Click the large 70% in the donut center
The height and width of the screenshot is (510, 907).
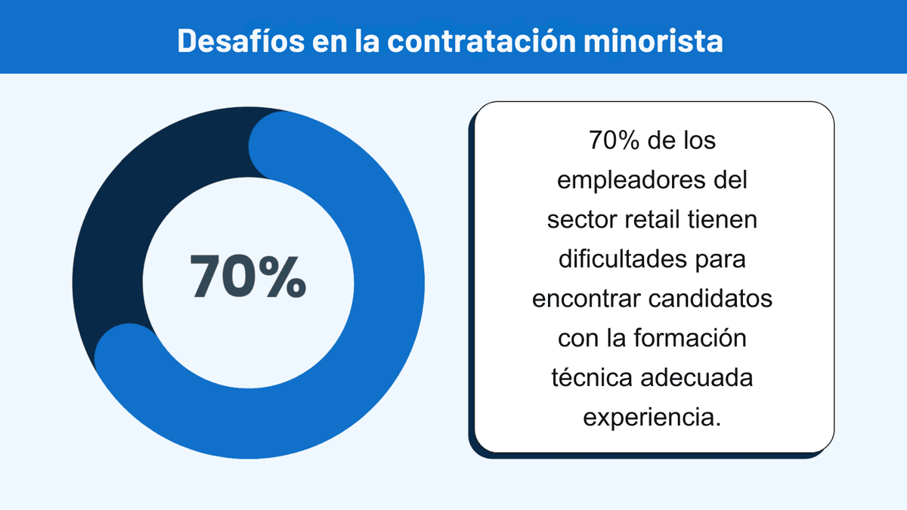click(249, 277)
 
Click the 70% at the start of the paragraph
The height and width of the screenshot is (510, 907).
click(608, 141)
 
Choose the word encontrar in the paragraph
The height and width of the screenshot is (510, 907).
click(586, 298)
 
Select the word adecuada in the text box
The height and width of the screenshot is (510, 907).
click(696, 377)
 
